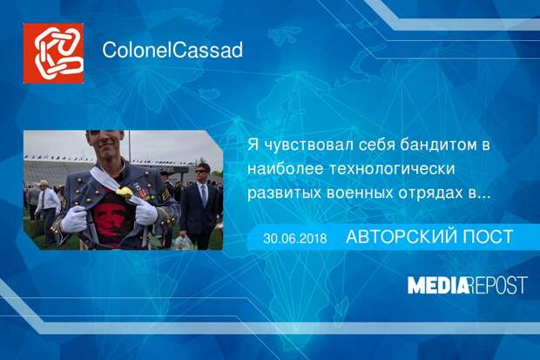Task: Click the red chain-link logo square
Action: [53, 53]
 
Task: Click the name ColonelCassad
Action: [172, 50]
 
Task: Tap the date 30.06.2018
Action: [294, 238]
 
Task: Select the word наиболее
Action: [286, 169]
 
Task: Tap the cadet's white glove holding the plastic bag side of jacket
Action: [146, 212]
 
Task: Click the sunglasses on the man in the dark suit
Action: [201, 171]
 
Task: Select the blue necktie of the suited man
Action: [204, 195]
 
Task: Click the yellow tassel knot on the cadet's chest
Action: [125, 192]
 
